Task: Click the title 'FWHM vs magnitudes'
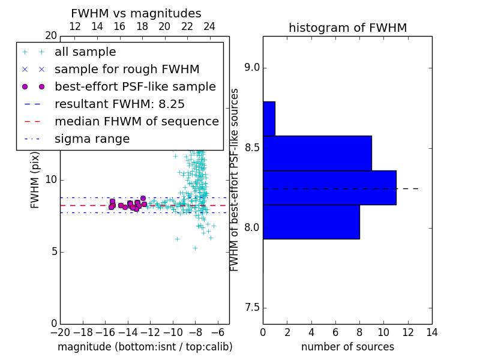tap(136, 13)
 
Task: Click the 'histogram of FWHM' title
tap(348, 28)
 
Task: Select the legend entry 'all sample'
tap(85, 52)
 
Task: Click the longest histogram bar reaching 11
tap(329, 188)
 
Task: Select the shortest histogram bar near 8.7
tap(269, 118)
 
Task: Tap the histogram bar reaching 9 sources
tap(317, 153)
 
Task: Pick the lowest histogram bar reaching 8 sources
tap(311, 222)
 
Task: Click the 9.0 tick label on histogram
tap(252, 68)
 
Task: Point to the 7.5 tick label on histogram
tap(252, 308)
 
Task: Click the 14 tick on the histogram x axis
tap(432, 332)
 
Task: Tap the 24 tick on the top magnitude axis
tap(209, 26)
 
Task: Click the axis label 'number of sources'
tap(348, 347)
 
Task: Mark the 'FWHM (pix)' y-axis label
tap(35, 180)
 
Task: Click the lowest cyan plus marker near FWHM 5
tap(196, 248)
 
